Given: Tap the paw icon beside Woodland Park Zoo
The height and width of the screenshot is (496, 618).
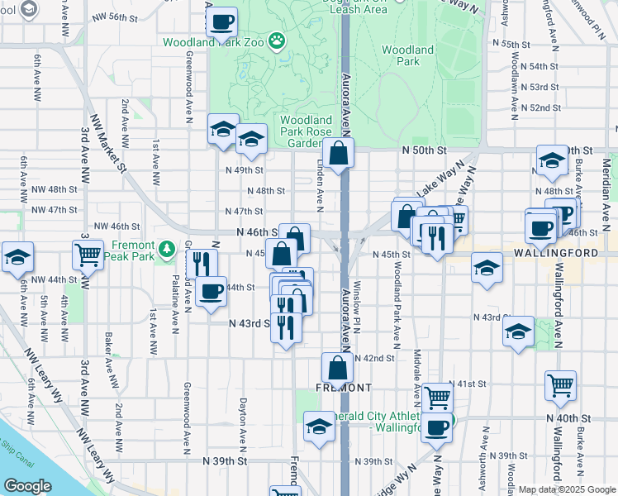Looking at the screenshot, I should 277,40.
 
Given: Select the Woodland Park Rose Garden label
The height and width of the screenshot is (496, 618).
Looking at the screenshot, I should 305,131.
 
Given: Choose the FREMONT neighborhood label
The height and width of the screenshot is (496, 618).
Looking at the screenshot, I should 342,387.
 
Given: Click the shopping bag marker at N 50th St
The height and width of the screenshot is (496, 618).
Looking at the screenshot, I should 339,153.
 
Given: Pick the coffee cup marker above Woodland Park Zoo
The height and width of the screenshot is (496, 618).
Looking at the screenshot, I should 221,22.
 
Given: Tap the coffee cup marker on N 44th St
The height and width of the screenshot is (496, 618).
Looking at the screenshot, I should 212,292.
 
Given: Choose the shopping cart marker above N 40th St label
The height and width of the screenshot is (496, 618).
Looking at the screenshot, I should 560,385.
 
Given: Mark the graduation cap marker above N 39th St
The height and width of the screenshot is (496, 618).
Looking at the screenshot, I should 319,426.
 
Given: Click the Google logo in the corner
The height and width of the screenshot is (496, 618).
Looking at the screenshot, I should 27,486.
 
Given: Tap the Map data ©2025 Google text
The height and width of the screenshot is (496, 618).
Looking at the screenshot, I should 567,489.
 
